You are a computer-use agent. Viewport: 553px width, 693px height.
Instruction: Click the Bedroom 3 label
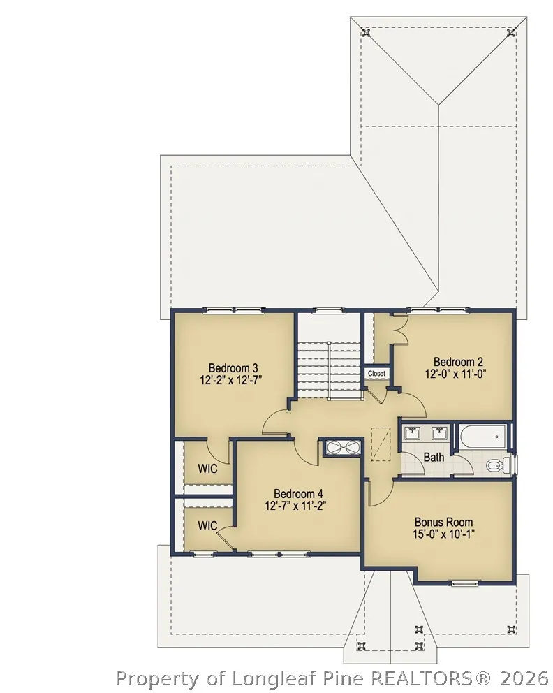click(233, 367)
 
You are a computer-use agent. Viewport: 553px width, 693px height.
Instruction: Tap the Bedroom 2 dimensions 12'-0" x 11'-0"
click(455, 374)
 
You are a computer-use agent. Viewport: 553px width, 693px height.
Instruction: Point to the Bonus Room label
click(443, 522)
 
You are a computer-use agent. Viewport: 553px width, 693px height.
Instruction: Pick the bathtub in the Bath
click(482, 437)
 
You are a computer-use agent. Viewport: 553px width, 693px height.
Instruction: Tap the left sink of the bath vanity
click(413, 432)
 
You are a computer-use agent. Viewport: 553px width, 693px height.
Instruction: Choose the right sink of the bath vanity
click(439, 432)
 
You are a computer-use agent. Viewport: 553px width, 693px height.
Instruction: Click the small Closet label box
click(377, 374)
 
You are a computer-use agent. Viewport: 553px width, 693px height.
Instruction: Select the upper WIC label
click(207, 469)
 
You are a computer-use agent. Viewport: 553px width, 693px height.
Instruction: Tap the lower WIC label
click(207, 526)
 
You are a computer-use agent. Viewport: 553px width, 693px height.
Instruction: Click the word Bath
click(434, 458)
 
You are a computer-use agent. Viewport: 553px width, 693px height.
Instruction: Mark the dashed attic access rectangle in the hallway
click(381, 444)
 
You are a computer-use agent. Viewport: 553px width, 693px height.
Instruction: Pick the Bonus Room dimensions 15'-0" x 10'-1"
click(443, 534)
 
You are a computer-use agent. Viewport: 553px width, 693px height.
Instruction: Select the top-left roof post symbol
click(366, 32)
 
